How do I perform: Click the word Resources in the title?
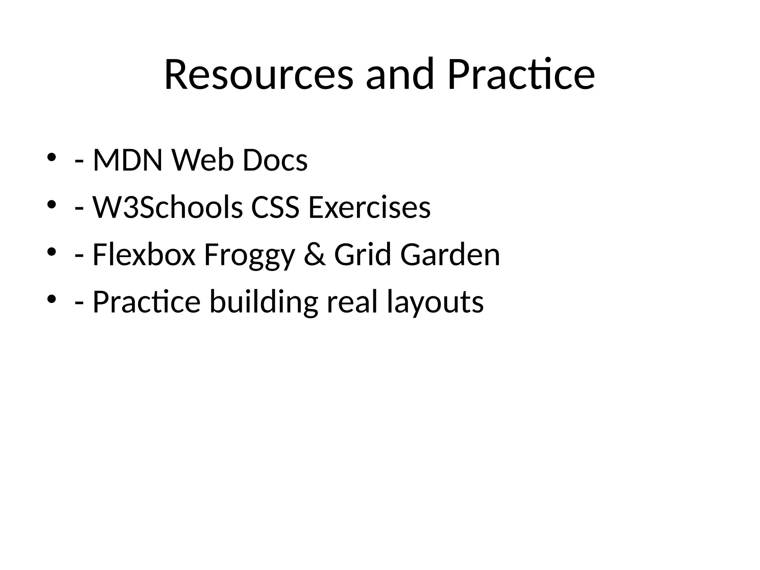[x=259, y=75]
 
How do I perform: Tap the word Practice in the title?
[x=521, y=75]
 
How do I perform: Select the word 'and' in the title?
[x=400, y=75]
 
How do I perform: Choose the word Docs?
[x=275, y=161]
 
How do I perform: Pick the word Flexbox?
[x=144, y=255]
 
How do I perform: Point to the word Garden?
[x=450, y=255]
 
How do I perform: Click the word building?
[x=263, y=302]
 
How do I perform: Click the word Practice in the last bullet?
[x=147, y=302]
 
